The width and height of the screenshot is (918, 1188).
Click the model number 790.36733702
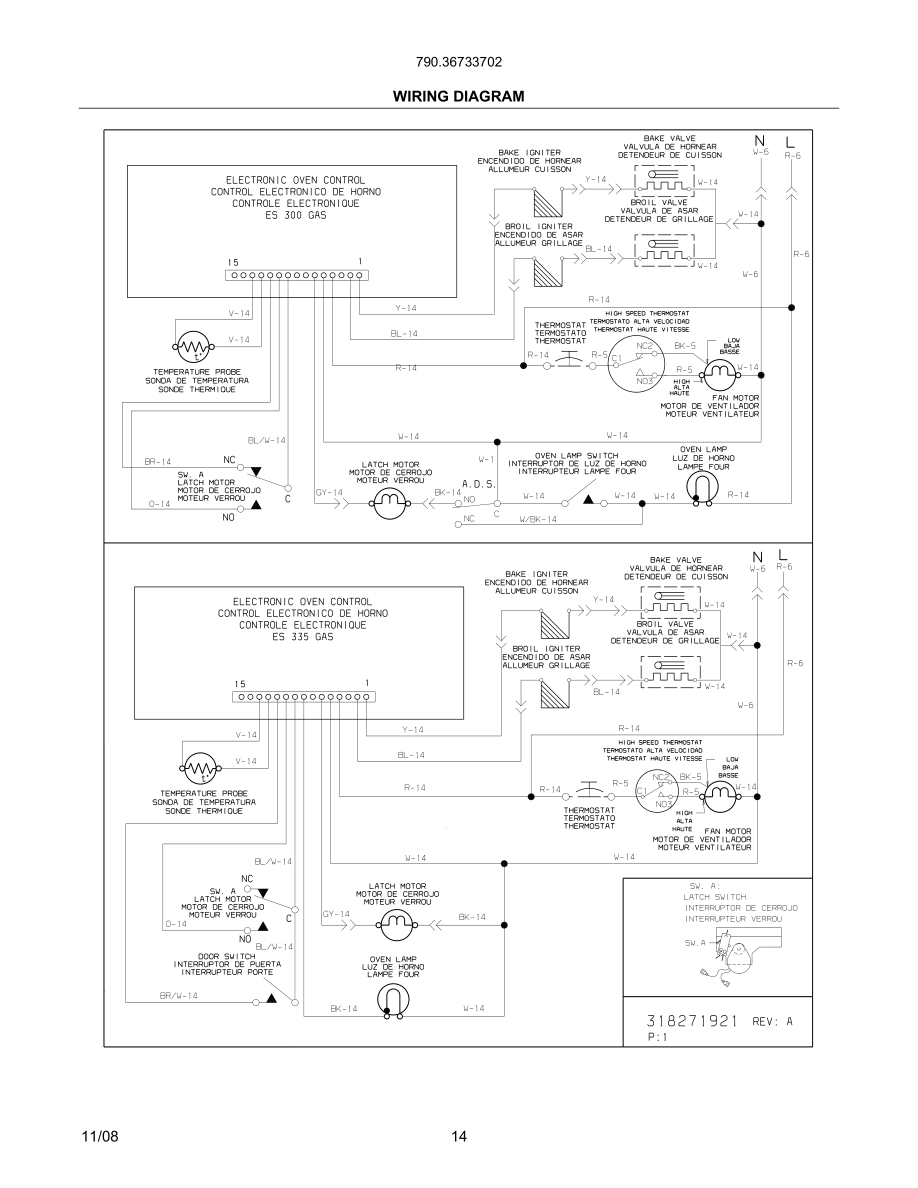pos(458,62)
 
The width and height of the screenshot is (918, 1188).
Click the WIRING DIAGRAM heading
pos(458,96)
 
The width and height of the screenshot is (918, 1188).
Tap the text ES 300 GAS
pos(296,215)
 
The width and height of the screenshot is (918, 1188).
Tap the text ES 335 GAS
pos(303,637)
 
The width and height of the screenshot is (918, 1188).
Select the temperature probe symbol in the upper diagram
pos(193,346)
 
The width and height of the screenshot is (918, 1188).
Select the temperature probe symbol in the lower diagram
pos(200,768)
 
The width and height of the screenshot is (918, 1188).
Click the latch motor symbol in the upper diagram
pos(390,503)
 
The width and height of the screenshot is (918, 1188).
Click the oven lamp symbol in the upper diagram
pos(702,487)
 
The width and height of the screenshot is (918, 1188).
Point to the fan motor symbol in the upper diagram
pos(719,374)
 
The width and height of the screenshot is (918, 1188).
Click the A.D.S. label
pos(478,483)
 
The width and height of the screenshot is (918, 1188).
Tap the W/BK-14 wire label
pos(538,519)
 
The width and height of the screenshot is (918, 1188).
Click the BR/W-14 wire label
pos(178,996)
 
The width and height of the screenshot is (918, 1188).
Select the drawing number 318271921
pos(692,1021)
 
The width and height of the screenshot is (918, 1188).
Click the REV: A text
pos(772,1022)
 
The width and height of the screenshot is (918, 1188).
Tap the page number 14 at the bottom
pos(458,1136)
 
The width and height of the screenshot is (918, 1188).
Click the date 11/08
pos(100,1136)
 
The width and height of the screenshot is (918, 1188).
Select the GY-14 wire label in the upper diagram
pos(329,493)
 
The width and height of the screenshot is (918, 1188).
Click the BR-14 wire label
pos(157,462)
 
